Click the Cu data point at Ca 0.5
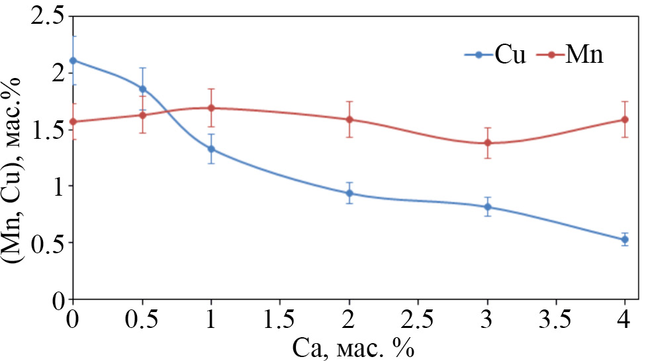142,89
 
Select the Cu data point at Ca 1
211,149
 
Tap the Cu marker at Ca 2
349,193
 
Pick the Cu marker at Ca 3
488,207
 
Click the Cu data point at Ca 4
625,239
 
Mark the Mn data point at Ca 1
211,108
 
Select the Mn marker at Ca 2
349,119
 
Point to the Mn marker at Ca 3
488,143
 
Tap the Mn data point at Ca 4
625,119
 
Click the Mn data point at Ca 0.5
142,114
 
